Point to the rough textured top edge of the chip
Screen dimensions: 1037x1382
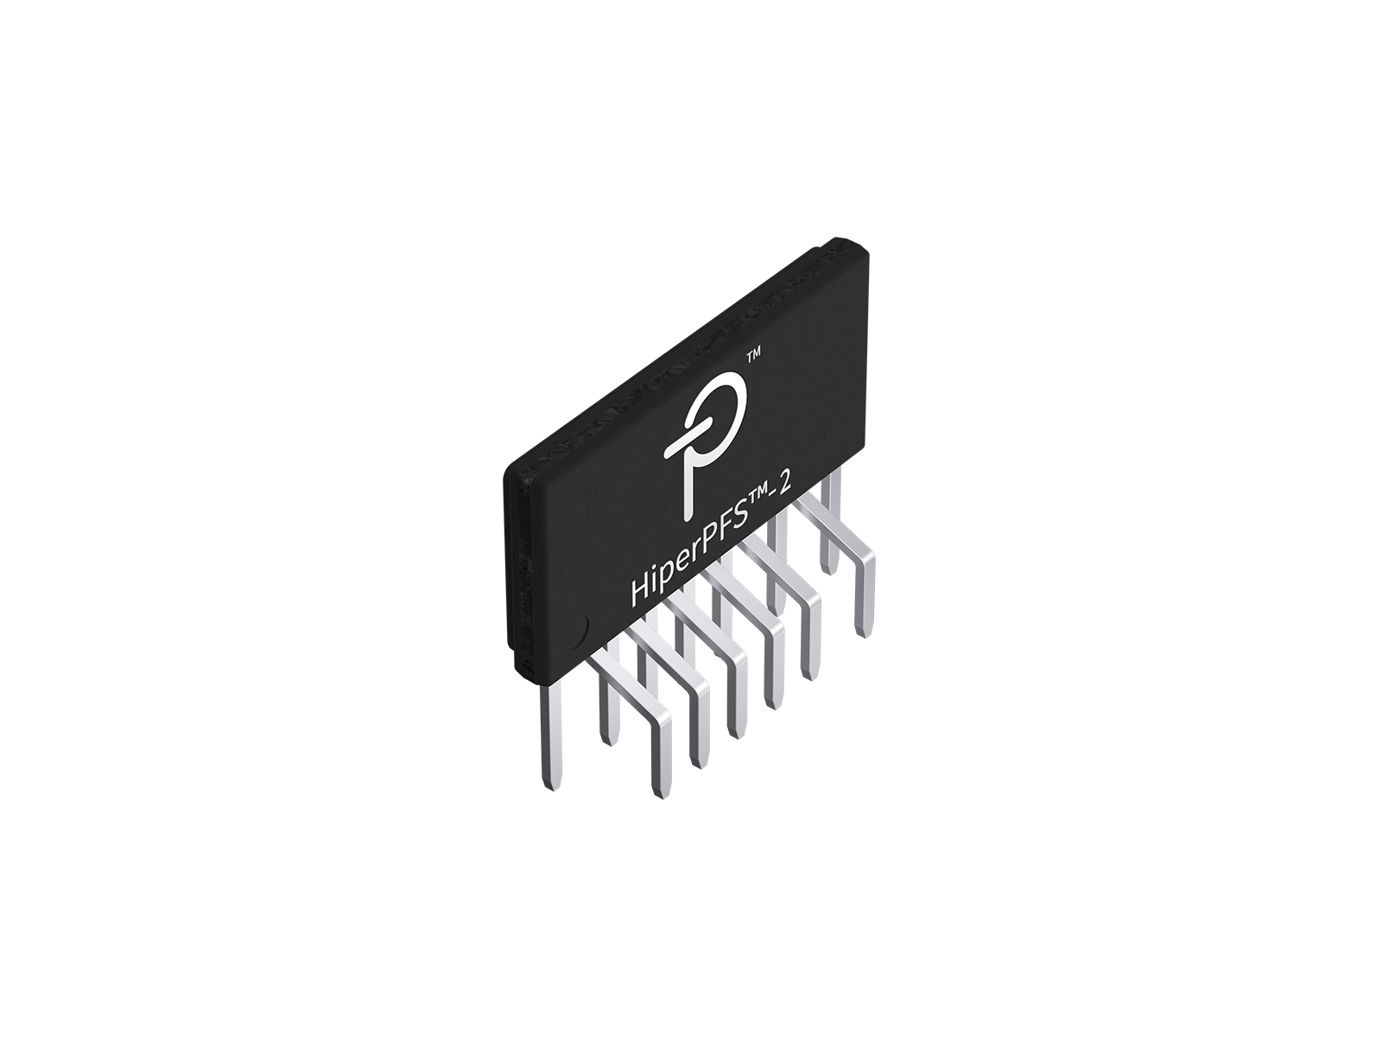[691, 346]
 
